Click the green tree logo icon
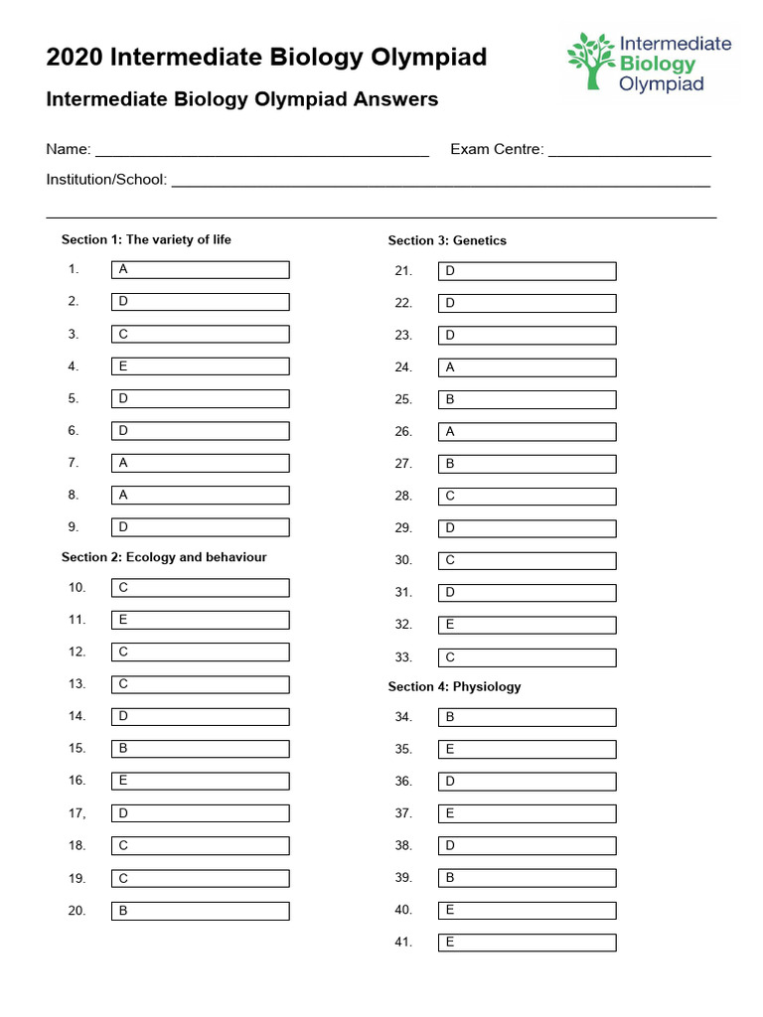[590, 62]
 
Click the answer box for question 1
[200, 270]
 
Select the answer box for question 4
[200, 366]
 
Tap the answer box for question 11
[200, 620]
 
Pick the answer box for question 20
[200, 911]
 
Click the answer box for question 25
[527, 399]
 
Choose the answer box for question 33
[527, 657]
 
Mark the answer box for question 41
[527, 943]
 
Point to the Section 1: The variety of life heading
[146, 239]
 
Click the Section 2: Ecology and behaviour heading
[164, 557]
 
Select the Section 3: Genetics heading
[447, 240]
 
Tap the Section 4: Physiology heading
[454, 686]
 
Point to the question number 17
[76, 813]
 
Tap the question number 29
[402, 528]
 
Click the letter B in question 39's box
[450, 878]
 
